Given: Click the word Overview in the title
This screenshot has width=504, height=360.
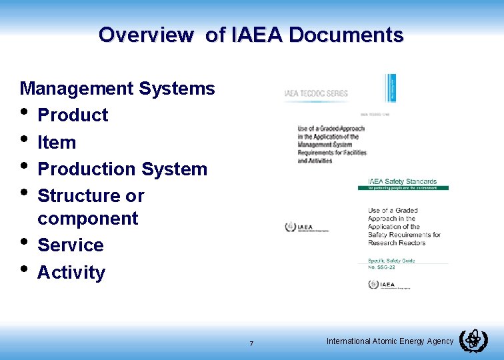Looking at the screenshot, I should point(145,35).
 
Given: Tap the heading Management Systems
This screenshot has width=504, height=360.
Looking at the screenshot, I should point(117,88).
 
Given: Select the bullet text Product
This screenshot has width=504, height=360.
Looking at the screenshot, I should point(73,115).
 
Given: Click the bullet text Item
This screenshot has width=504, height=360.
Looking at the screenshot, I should point(57,142).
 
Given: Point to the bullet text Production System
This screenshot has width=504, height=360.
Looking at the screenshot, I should point(123,169).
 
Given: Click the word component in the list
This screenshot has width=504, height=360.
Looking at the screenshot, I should point(88,219).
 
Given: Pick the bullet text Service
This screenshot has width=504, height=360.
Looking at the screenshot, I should point(71,245).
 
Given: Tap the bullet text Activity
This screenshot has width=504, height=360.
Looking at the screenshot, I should point(71,273).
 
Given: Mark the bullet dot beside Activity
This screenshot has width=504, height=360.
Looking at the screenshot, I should point(25,269).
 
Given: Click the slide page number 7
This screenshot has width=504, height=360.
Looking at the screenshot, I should point(251,343).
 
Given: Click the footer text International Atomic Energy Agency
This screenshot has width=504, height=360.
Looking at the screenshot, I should point(390,341).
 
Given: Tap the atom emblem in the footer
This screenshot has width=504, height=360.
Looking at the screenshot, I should point(473,340).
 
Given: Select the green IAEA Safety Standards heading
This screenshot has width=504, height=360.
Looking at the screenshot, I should point(403,181).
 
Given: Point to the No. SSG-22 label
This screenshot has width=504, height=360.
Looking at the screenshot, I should point(384,267).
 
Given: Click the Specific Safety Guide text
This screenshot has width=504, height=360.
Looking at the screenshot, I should point(391,261).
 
